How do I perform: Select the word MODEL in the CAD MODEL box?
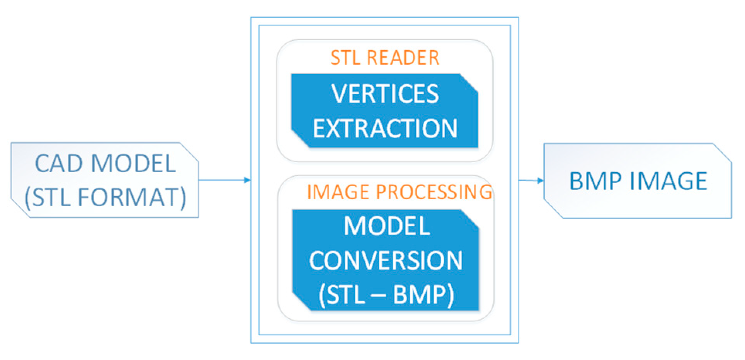pos(134,163)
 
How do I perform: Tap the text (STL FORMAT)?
pos(105,197)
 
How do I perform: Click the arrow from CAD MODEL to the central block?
pos(224,180)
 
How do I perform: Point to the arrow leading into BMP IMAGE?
pos(532,180)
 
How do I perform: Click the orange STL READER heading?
pos(385,58)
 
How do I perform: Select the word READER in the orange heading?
pos(403,58)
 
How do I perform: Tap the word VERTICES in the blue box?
pos(385,94)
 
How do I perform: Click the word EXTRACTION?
pos(385,128)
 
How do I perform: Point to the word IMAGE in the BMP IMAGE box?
pos(668,181)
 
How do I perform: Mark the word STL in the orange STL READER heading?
pos(345,58)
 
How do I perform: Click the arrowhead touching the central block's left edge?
pos(247,180)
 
